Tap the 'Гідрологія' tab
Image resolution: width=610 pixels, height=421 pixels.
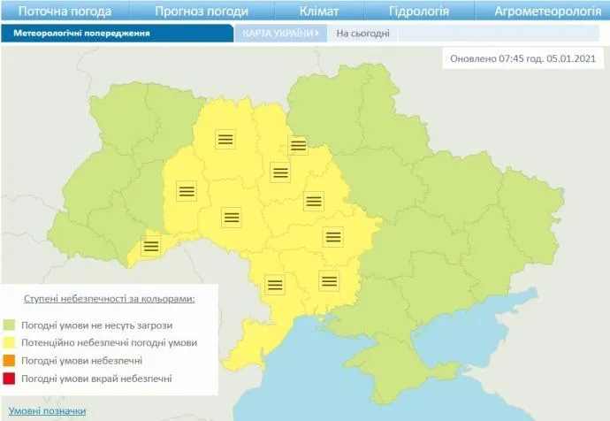point(419,11)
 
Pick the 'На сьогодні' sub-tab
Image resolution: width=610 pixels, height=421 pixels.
point(362,34)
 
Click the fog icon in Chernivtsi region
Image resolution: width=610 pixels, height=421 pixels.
point(151,246)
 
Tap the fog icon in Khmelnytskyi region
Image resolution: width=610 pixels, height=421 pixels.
point(186,190)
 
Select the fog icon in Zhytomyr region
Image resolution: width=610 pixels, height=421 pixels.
point(225,138)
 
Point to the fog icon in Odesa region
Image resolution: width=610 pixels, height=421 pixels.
point(275,284)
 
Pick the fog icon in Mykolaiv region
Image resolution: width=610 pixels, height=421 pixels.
point(330,281)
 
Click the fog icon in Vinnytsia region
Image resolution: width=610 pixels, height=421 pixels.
point(231,216)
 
